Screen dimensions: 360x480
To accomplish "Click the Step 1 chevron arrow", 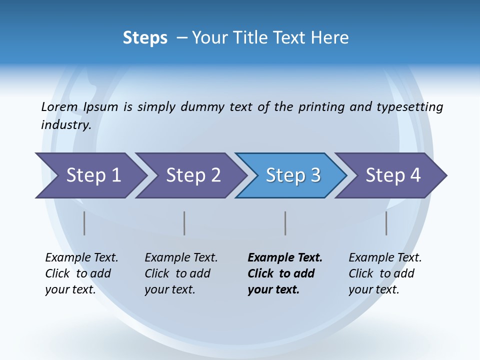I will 92,175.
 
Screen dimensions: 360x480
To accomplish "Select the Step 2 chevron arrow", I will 192,175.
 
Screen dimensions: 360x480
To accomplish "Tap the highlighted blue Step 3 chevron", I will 292,175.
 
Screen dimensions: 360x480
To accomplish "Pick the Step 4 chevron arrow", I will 392,175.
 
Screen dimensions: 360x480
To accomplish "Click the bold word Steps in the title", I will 145,38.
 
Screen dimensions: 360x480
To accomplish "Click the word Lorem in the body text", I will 59,107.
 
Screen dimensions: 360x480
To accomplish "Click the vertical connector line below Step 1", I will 84,223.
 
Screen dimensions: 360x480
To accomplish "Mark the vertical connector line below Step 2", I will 184,223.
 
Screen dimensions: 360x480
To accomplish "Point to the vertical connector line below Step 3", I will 285,223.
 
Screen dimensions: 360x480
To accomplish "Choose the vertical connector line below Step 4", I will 386,223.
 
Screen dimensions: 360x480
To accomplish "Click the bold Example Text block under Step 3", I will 285,273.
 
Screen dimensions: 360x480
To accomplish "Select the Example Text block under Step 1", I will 81,273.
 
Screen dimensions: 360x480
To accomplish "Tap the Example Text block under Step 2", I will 181,273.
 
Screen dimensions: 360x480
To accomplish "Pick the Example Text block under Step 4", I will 385,273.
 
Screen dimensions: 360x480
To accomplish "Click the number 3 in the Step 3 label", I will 315,175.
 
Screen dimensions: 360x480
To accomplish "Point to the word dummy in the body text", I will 203,107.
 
